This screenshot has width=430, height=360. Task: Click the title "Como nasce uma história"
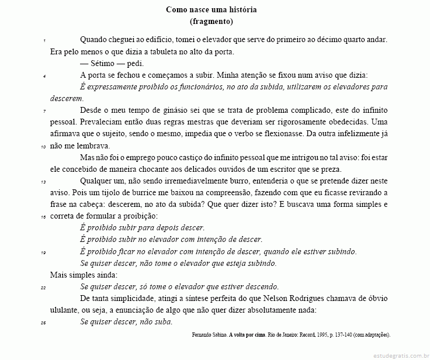tap(211, 10)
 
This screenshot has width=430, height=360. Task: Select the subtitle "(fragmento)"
tap(211, 22)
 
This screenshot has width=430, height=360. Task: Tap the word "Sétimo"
tap(104, 64)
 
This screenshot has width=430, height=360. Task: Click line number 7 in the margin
tap(44, 111)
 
